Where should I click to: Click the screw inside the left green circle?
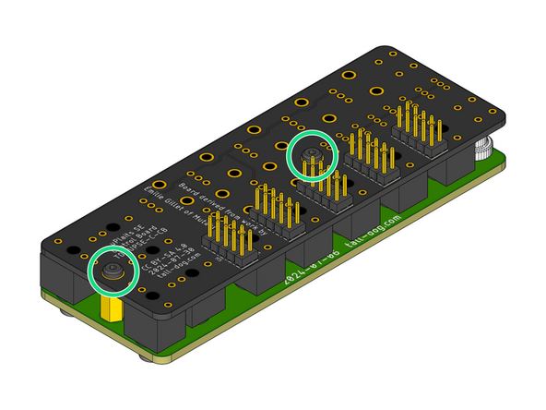pyautogui.click(x=111, y=271)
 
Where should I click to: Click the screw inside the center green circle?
pyautogui.click(x=313, y=152)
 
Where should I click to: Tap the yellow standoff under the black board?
pyautogui.click(x=113, y=308)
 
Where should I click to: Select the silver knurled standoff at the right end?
pyautogui.click(x=485, y=147)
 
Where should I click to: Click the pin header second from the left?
pyautogui.click(x=274, y=209)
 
